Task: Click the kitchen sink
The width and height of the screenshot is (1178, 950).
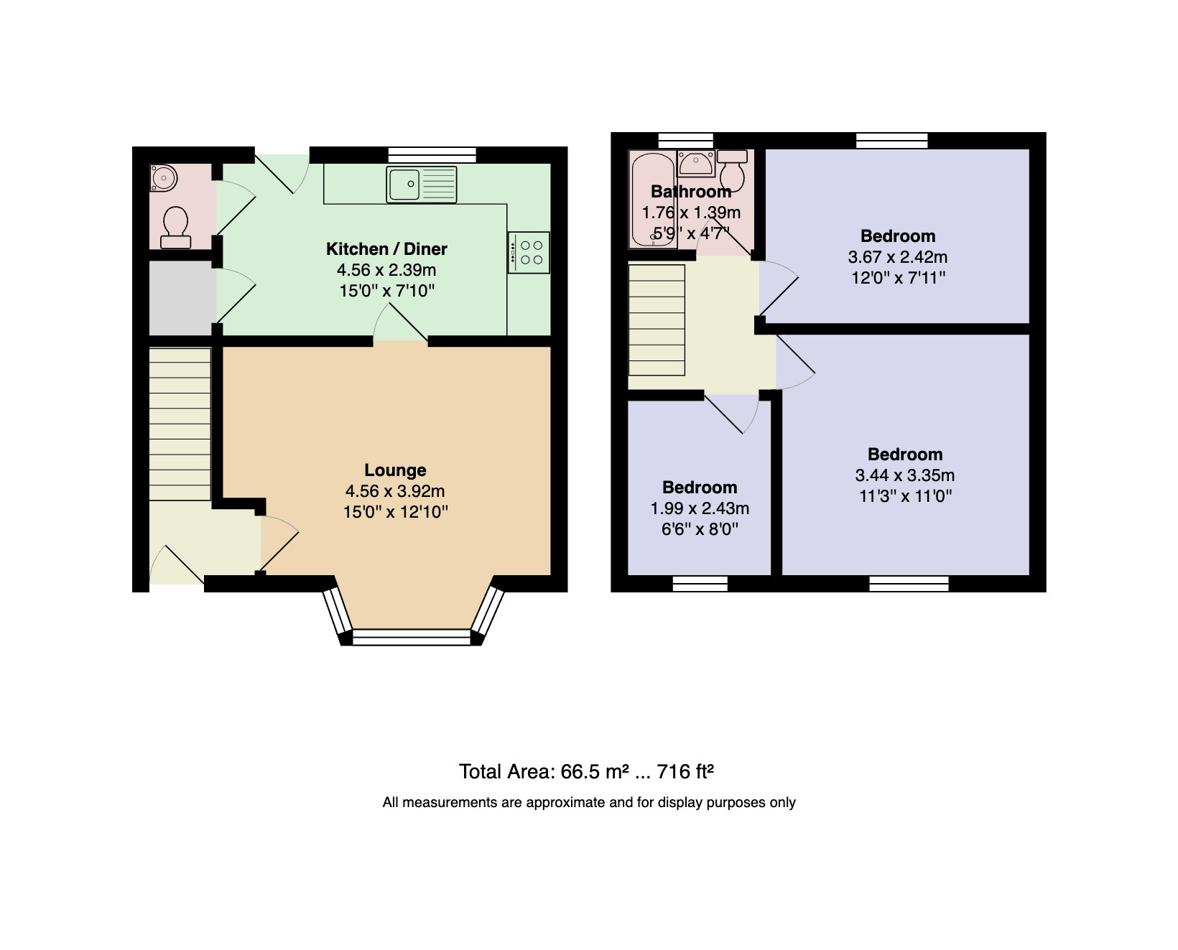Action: pos(422,185)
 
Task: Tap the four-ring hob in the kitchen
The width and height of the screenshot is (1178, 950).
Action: pos(529,253)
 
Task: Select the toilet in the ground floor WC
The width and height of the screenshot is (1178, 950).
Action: pos(176,228)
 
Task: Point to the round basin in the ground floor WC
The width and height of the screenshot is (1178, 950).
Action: pos(163,178)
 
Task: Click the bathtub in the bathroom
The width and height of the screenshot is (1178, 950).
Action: pos(653,199)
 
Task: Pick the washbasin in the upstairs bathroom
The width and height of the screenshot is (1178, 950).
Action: pos(696,164)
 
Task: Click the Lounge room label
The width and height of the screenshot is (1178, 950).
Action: pos(395,470)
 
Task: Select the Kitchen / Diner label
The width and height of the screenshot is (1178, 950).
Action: pos(386,249)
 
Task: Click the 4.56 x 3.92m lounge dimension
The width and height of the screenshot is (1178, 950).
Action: pos(394,491)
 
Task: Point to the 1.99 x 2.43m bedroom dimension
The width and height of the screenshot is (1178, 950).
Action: pos(700,508)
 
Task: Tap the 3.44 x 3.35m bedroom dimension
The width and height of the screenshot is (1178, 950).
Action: pos(905,475)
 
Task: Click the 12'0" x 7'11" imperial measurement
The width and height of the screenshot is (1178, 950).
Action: pos(898,278)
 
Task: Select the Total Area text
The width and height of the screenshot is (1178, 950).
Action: pos(586,772)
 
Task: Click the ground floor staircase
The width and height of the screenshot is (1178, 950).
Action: pos(180,424)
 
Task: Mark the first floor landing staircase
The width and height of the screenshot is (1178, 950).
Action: pos(657,320)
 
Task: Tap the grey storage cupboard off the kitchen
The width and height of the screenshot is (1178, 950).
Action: pos(183,298)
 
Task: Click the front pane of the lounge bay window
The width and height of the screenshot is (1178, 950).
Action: pos(411,637)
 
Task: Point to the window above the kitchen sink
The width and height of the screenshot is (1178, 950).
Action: pos(432,155)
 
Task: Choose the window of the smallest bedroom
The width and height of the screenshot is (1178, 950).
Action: pos(700,584)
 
